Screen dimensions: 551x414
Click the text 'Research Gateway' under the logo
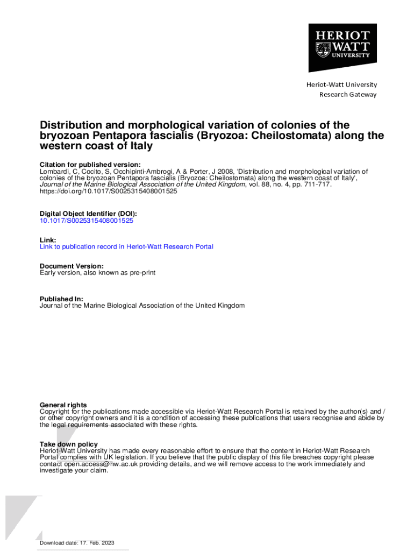348,95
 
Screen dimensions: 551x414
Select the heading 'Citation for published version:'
90,165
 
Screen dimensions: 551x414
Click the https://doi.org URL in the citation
108,191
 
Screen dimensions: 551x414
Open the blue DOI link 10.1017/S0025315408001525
87,221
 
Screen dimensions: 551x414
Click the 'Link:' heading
48,240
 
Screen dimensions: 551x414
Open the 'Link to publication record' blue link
126,247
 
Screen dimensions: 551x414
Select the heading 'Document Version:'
72,266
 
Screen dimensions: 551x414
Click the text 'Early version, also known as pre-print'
97,273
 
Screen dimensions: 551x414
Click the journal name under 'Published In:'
142,306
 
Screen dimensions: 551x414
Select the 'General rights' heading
63,405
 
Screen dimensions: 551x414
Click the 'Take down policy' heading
69,444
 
